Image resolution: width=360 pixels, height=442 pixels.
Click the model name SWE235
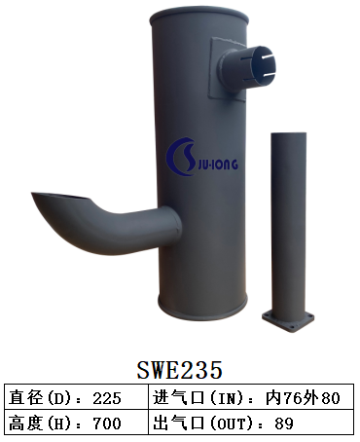click(x=180, y=369)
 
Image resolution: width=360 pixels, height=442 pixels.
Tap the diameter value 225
click(x=107, y=398)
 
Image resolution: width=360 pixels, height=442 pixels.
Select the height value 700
click(x=107, y=424)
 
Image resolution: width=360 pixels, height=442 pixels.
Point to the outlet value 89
click(x=284, y=424)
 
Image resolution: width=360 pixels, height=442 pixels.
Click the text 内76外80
click(x=303, y=398)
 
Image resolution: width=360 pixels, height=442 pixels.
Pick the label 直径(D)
click(x=40, y=398)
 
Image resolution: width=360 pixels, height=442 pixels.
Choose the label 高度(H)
click(x=40, y=424)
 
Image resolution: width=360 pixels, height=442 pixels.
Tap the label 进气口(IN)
click(x=198, y=398)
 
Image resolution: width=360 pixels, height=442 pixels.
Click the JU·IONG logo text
click(x=216, y=165)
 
